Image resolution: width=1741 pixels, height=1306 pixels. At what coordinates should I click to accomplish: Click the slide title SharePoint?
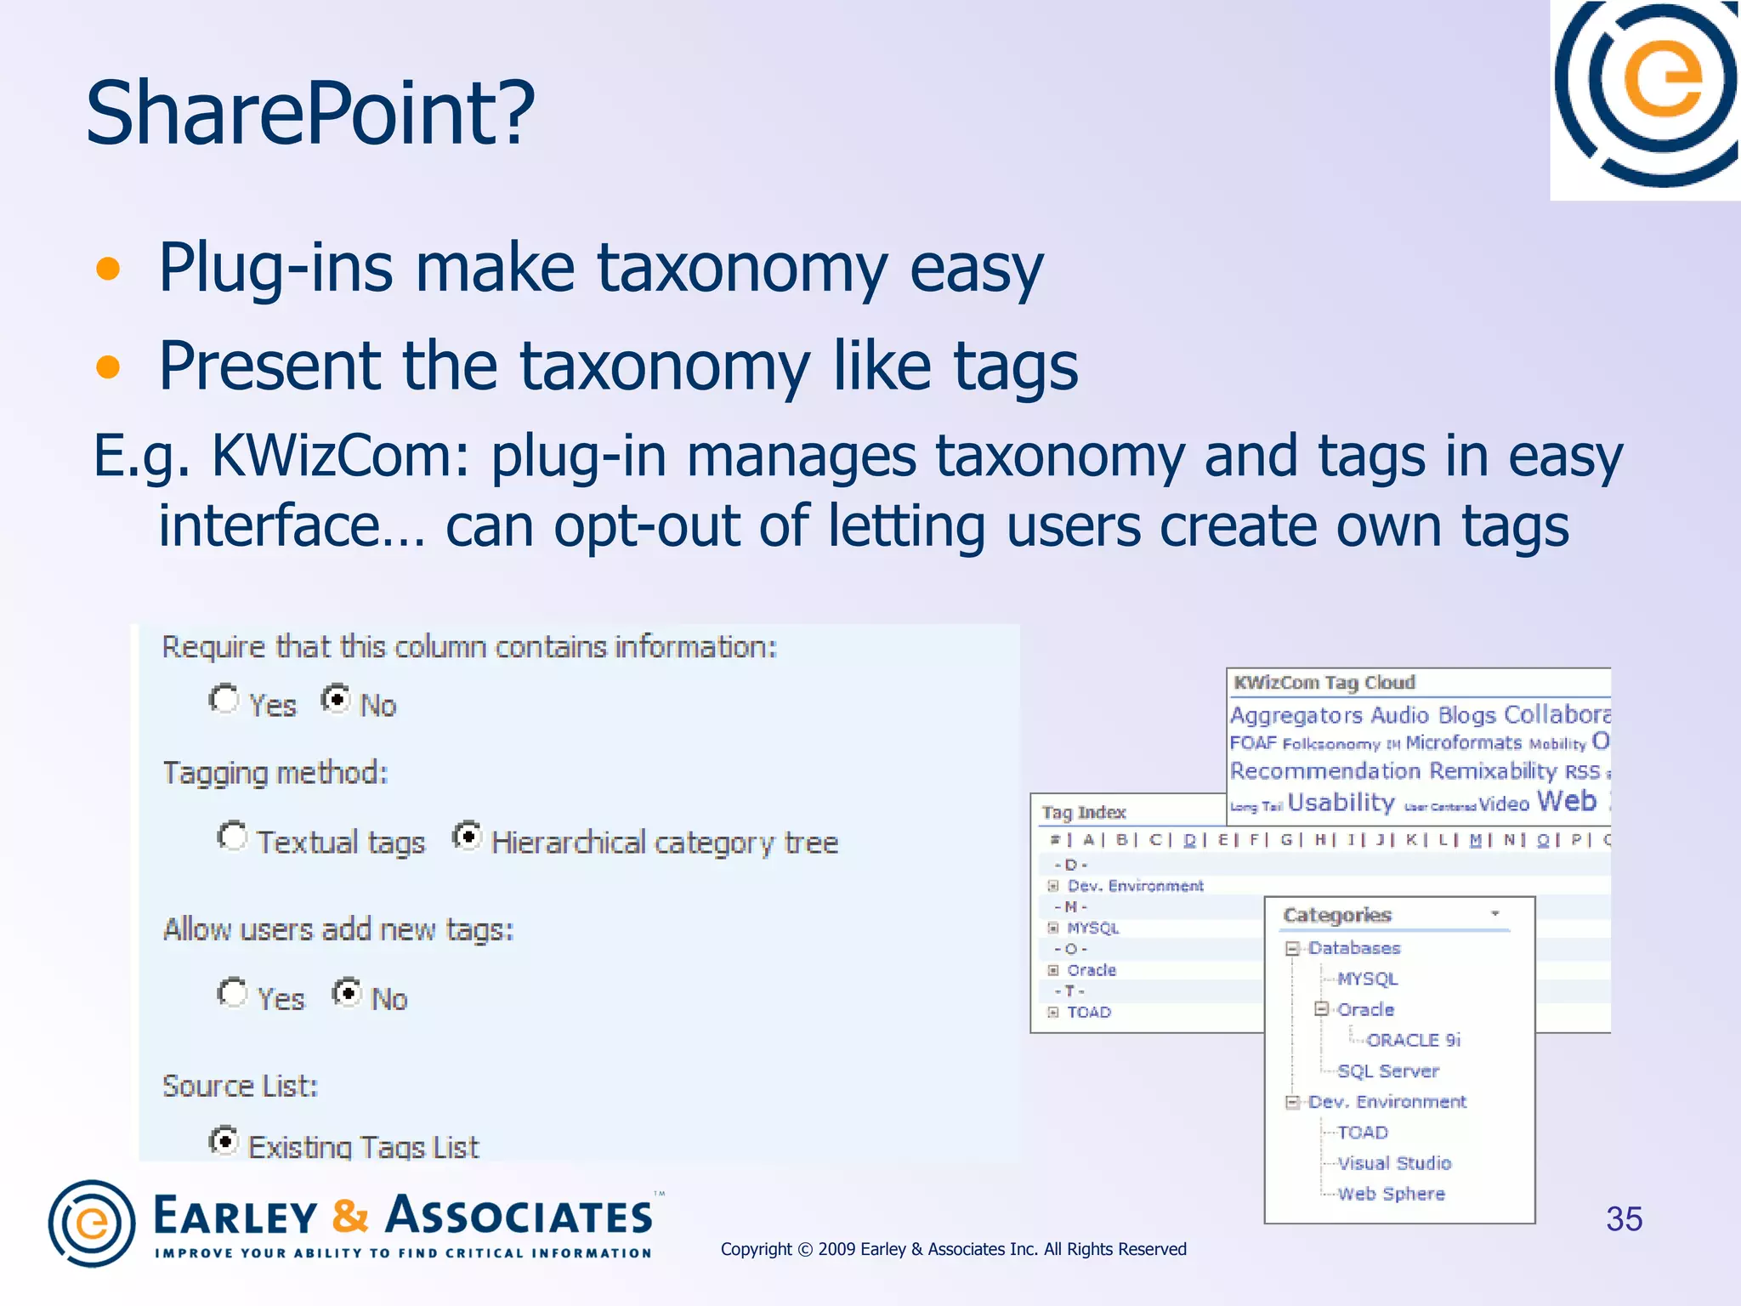coord(310,113)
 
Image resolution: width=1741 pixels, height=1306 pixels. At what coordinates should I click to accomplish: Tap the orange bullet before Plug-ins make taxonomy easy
coord(108,270)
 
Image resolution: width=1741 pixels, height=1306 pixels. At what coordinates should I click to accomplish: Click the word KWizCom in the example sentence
coord(339,457)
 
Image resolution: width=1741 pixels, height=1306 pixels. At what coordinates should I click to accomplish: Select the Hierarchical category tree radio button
coord(467,837)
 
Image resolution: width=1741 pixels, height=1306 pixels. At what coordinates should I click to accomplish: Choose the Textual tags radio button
coord(232,837)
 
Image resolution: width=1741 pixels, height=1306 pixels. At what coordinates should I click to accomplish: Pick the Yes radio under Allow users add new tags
coord(232,993)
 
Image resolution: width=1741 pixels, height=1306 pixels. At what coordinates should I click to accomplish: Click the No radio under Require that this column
coord(337,700)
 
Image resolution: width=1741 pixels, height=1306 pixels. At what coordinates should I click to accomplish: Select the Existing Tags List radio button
coord(224,1140)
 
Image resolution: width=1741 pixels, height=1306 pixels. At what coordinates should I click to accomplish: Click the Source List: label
coord(240,1087)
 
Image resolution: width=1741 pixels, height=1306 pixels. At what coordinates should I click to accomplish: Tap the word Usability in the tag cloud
coord(1341,803)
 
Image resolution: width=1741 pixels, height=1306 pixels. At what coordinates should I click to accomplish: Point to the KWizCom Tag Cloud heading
coord(1324,683)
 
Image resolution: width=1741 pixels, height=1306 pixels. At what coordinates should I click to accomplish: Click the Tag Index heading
coord(1083,813)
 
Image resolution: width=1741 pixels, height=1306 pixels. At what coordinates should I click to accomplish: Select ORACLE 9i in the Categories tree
coord(1413,1041)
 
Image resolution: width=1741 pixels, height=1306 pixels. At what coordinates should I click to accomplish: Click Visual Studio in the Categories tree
coord(1394,1163)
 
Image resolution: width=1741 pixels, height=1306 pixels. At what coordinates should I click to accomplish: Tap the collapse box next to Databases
coord(1292,949)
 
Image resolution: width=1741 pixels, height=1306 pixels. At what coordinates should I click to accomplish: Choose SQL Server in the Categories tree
coord(1387,1071)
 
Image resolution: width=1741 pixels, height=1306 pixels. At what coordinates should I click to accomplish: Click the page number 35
coord(1624,1219)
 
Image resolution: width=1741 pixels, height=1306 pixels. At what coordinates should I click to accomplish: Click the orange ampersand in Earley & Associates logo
coord(350,1216)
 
